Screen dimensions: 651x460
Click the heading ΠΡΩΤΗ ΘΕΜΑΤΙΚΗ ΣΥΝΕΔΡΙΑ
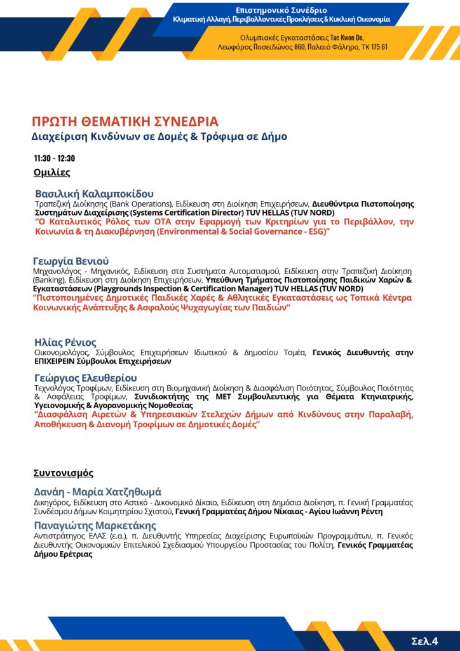tap(125, 121)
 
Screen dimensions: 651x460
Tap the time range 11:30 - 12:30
tap(55, 158)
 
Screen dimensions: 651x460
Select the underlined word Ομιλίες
tap(52, 172)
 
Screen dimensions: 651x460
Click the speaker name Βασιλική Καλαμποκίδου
tap(94, 194)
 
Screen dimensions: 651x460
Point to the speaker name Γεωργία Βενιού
tap(71, 261)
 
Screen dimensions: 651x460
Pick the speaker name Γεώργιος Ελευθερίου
tap(86, 378)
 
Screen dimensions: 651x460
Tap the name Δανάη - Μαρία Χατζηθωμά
tap(98, 492)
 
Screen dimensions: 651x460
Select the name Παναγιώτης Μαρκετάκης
tap(95, 525)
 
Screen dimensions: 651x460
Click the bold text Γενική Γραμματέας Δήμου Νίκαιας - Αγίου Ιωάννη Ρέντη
tap(278, 511)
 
